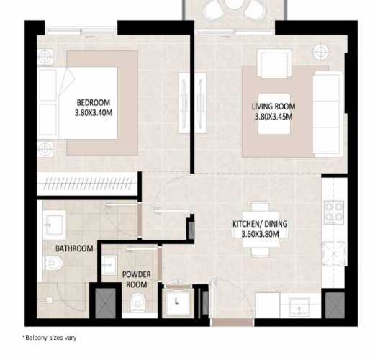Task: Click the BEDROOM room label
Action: tap(93, 102)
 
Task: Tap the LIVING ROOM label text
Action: tap(274, 107)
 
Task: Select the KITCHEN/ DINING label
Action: tap(260, 224)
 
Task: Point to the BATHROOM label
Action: tap(74, 248)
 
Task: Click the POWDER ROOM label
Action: tap(135, 279)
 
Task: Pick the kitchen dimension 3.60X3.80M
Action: tap(260, 234)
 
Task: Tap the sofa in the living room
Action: tap(327, 115)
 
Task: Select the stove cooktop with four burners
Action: tap(334, 212)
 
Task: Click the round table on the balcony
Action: tap(234, 9)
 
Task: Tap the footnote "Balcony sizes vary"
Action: tap(49, 338)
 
